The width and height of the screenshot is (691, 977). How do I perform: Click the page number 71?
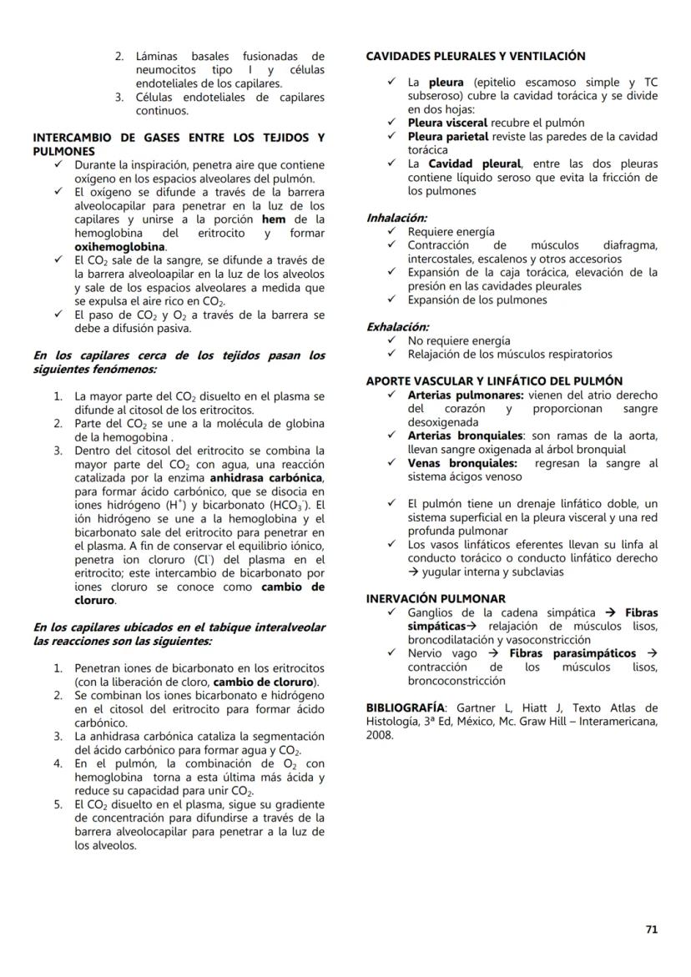point(651,929)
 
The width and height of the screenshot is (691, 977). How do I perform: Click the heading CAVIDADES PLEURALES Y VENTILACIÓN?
point(476,57)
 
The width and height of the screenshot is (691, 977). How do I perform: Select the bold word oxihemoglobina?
point(120,247)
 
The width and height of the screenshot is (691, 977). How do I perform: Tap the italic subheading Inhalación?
point(396,218)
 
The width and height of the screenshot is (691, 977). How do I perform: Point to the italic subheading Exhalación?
point(398,327)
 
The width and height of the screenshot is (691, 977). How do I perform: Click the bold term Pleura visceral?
point(447,123)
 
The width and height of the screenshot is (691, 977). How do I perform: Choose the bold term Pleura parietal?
point(448,137)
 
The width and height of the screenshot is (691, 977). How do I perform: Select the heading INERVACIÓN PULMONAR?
point(436,599)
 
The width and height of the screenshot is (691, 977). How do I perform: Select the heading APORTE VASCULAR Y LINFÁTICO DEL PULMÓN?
point(494,381)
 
